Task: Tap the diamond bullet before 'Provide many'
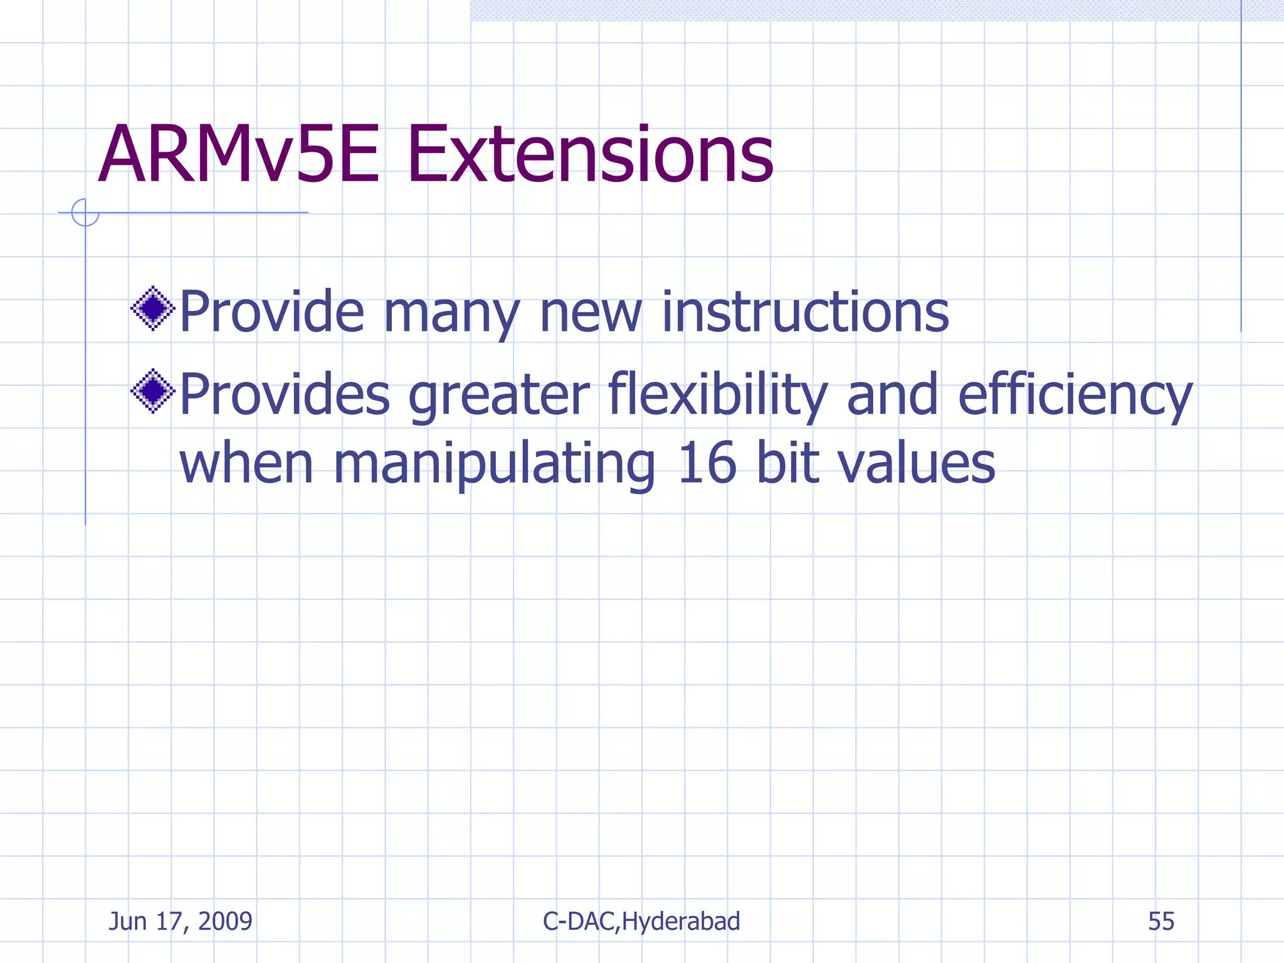point(152,308)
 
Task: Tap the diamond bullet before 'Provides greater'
point(152,391)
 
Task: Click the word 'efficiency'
point(1075,395)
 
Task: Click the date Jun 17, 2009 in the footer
point(181,922)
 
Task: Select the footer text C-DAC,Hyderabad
point(641,922)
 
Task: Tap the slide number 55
point(1161,922)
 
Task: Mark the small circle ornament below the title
point(85,213)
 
